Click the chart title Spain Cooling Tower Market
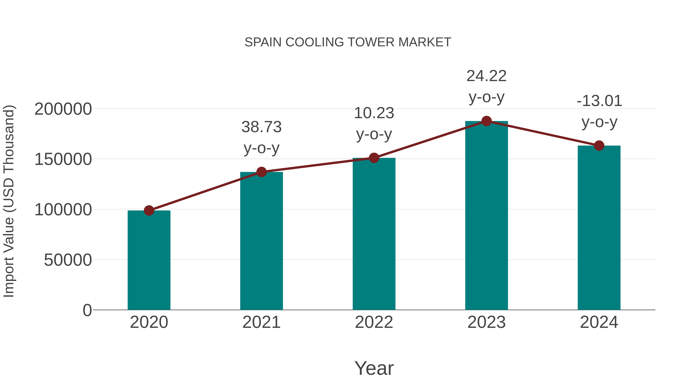click(x=348, y=42)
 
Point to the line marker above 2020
click(x=149, y=210)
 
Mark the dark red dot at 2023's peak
click(x=486, y=121)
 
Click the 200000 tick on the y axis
click(x=63, y=109)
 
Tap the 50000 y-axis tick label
click(x=68, y=260)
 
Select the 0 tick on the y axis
click(x=87, y=310)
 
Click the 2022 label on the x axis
click(x=374, y=322)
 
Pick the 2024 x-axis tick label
click(x=599, y=322)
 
